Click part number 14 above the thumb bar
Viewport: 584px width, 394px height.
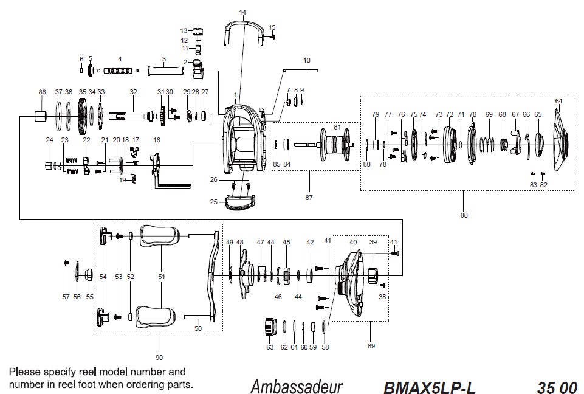click(x=242, y=12)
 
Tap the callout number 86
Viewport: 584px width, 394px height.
click(x=42, y=92)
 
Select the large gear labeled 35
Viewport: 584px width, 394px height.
click(x=82, y=116)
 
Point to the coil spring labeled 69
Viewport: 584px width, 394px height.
click(x=487, y=144)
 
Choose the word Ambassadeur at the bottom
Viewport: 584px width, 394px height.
click(x=297, y=386)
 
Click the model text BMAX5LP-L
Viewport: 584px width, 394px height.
click(x=429, y=388)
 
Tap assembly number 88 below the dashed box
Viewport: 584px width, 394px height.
click(x=464, y=215)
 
